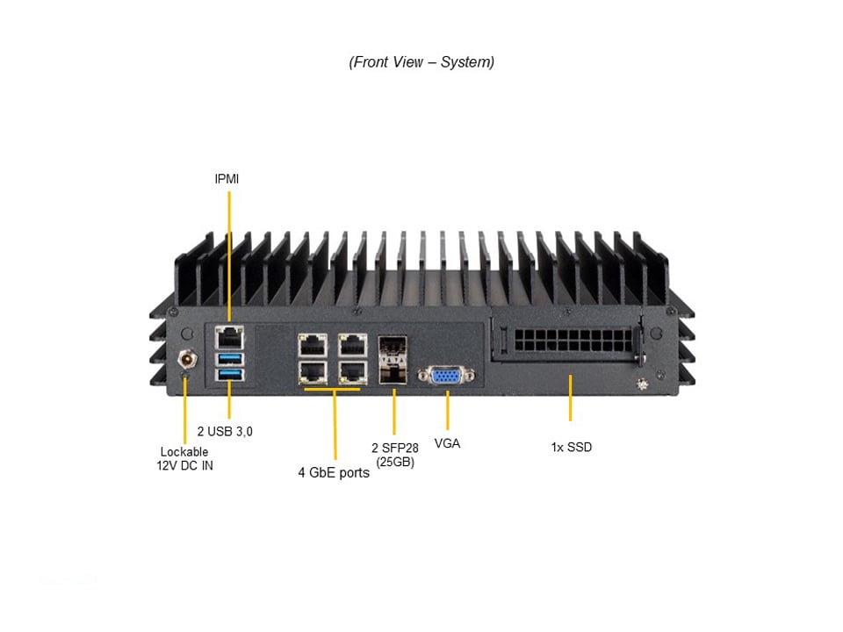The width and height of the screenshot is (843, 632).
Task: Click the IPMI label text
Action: click(x=227, y=179)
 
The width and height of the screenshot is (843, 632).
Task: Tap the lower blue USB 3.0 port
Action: click(x=228, y=376)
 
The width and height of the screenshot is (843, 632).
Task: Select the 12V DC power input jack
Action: click(x=186, y=358)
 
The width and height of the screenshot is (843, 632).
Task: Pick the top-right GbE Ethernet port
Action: click(x=352, y=342)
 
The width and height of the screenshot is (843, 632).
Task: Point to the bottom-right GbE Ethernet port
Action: click(x=352, y=371)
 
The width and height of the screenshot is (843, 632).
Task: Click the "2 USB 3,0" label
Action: click(x=225, y=431)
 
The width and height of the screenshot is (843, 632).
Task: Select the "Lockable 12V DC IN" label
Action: click(x=184, y=459)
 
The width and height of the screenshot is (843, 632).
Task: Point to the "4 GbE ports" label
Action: click(x=334, y=473)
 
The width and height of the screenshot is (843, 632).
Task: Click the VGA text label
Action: click(x=447, y=443)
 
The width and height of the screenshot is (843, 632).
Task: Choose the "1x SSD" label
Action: click(x=571, y=447)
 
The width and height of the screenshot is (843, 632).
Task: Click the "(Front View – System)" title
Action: click(x=421, y=62)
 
